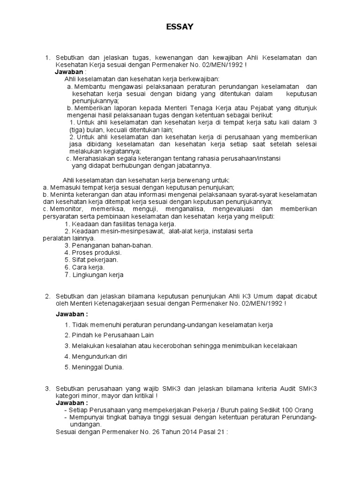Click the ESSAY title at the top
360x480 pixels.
point(180,28)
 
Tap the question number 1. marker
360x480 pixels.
point(47,58)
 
